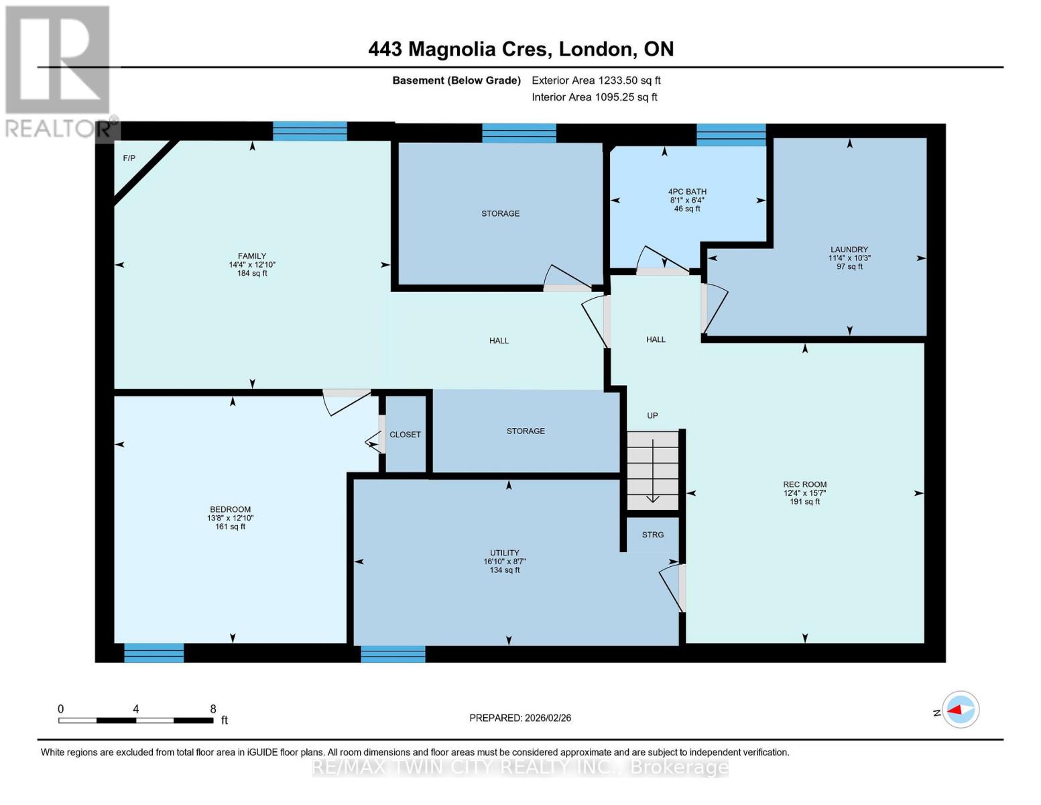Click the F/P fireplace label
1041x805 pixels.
click(x=129, y=158)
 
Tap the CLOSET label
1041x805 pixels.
click(x=405, y=435)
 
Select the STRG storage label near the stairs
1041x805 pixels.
click(x=652, y=535)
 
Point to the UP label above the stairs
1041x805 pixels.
click(x=652, y=416)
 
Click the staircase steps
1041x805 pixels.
click(x=652, y=470)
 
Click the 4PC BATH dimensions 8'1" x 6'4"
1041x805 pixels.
click(x=687, y=201)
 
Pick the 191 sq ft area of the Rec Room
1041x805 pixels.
click(x=805, y=502)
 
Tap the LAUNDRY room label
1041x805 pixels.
click(x=849, y=250)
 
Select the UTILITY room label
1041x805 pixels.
click(x=505, y=553)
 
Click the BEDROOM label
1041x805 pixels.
click(x=231, y=509)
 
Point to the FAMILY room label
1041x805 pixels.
click(x=252, y=256)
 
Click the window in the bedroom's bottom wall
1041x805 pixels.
click(x=154, y=653)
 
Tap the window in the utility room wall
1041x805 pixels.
click(x=393, y=654)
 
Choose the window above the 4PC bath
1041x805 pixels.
click(x=731, y=135)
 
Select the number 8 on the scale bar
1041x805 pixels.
click(x=213, y=708)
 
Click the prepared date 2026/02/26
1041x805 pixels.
click(x=548, y=718)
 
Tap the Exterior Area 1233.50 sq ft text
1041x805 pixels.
click(x=596, y=80)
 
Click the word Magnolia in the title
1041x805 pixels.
click(x=452, y=49)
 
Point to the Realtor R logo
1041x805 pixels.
click(x=58, y=60)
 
